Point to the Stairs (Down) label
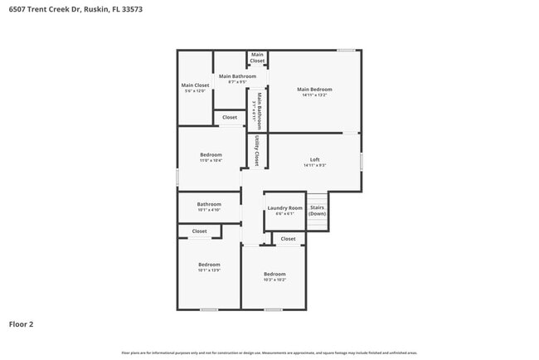[317, 211]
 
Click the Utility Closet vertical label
[258, 150]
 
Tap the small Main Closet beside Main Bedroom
[257, 58]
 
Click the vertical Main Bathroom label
[259, 110]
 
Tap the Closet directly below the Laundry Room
[288, 239]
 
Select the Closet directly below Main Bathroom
[229, 118]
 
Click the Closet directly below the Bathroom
[200, 231]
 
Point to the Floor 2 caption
[22, 324]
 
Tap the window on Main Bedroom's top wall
[347, 50]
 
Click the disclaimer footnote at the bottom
[269, 352]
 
